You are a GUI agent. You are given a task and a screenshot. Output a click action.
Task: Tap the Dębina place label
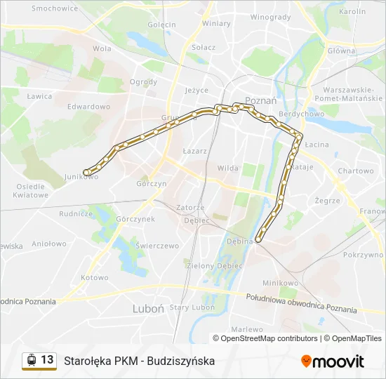[x=239, y=241]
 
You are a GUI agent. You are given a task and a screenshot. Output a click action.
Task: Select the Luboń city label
[x=148, y=308]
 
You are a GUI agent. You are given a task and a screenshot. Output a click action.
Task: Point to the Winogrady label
[x=270, y=17]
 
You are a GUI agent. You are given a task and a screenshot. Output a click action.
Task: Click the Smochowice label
[x=55, y=8]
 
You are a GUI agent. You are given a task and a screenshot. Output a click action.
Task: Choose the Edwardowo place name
[x=89, y=107]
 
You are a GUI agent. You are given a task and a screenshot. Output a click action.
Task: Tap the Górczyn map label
[x=152, y=184]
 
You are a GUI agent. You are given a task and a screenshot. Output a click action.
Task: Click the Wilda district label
[x=228, y=168]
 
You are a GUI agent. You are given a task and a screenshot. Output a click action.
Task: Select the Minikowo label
[x=280, y=282]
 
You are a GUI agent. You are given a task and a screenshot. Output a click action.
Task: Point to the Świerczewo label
[x=159, y=246]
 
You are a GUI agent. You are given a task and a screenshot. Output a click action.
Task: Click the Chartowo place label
[x=355, y=171]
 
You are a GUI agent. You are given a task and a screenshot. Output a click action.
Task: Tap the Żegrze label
[x=327, y=201]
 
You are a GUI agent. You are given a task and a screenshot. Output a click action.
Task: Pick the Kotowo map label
[x=95, y=277]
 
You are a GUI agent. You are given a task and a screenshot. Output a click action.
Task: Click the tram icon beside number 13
[x=31, y=360]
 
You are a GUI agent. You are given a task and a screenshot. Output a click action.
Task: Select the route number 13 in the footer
[x=47, y=360]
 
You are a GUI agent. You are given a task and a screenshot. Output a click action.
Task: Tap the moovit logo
[x=333, y=361]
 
